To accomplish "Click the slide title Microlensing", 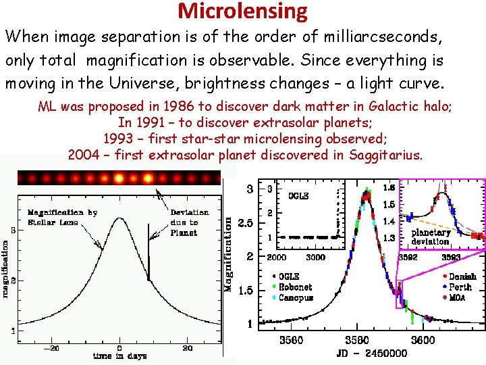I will click(x=242, y=11).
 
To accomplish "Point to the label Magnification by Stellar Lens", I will click(x=62, y=217).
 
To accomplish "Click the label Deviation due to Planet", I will click(x=189, y=222).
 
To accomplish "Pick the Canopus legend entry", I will click(x=295, y=297).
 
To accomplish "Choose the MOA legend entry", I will click(x=455, y=297).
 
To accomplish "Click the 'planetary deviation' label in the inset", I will click(x=431, y=237).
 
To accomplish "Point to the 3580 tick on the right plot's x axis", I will click(x=357, y=340).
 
